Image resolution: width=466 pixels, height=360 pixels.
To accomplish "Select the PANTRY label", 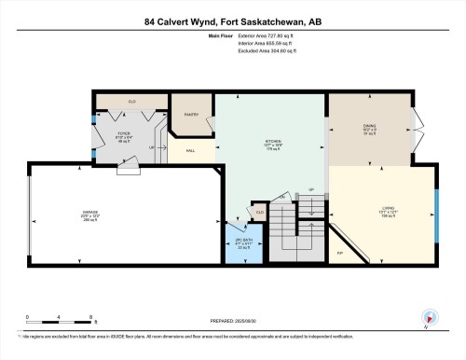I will [191, 115].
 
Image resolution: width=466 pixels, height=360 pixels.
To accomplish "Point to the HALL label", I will [190, 150].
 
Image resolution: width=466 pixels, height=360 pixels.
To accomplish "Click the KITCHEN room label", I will [272, 143].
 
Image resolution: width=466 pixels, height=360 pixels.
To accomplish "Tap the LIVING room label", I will [388, 207].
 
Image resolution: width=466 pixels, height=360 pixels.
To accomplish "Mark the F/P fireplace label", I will [340, 253].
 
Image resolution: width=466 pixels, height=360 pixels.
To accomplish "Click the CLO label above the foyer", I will [132, 100].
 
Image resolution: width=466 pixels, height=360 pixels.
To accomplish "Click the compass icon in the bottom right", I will [430, 316].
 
